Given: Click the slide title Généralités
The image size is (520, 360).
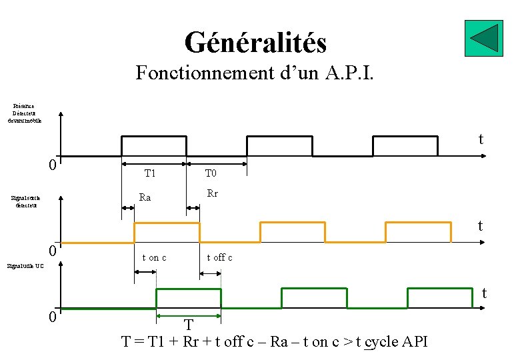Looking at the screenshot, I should [x=255, y=43].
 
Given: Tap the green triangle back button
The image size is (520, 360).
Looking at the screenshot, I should [x=483, y=38].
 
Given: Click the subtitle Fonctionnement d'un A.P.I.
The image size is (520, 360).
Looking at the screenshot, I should [x=255, y=72].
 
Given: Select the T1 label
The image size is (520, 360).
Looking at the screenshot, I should [x=150, y=173].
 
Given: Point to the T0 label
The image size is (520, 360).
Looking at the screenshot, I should [x=211, y=173].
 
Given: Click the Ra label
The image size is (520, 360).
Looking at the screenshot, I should [x=145, y=197].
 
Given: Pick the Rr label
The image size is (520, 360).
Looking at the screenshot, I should [x=212, y=194].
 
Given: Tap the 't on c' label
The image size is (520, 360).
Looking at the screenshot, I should [x=154, y=257].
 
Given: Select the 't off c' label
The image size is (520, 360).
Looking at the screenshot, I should [x=219, y=257].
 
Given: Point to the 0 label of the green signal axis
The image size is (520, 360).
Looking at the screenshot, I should [x=52, y=317].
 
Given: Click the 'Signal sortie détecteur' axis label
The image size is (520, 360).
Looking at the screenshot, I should [x=27, y=201].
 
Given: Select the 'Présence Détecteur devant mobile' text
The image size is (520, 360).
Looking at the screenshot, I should [x=26, y=113].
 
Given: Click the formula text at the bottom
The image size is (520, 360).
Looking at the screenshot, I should [x=275, y=341].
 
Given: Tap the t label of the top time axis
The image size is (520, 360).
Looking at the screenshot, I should [x=480, y=139].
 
